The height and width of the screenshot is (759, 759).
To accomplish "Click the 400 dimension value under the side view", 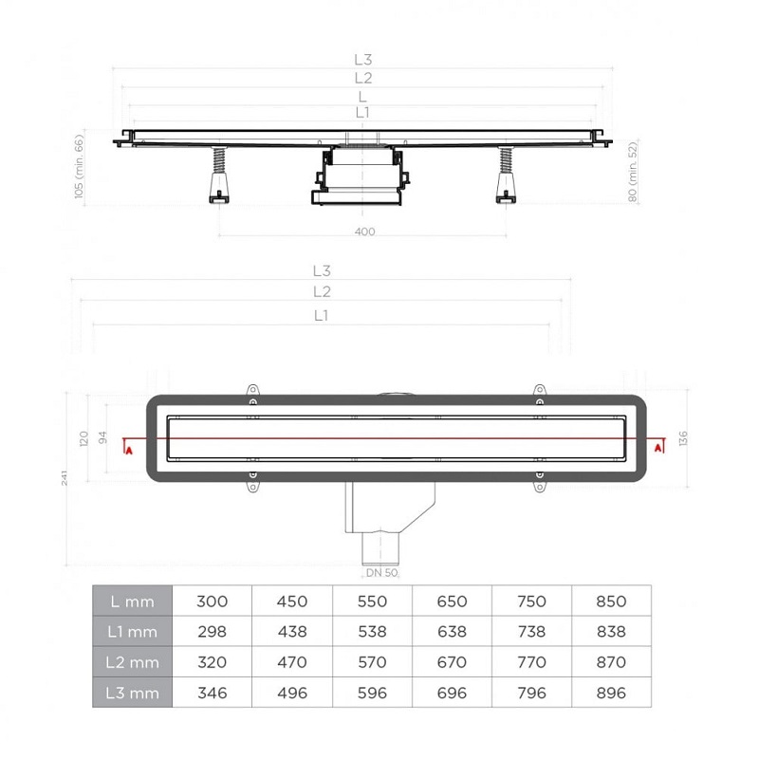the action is [x=364, y=231].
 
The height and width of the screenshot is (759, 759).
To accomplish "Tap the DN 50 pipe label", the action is [x=381, y=573].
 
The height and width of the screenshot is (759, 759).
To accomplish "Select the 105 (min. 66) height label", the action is [x=80, y=167].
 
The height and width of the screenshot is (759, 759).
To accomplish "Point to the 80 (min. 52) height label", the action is [x=632, y=172].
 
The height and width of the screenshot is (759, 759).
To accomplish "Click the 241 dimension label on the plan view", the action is [x=65, y=477].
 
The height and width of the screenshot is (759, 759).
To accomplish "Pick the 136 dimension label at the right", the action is [x=682, y=438].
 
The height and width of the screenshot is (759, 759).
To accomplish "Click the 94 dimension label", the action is [x=102, y=437].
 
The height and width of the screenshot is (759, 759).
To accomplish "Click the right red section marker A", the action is [x=657, y=448].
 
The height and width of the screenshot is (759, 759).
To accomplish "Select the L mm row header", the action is [x=132, y=601].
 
